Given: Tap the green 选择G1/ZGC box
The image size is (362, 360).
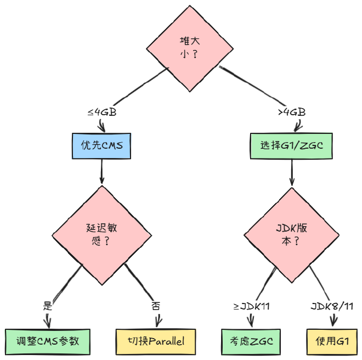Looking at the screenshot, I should (291, 145).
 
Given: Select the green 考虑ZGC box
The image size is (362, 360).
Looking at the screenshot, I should (247, 340).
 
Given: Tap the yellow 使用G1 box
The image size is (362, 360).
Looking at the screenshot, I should (332, 340).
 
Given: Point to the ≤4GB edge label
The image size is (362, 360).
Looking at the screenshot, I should (101, 112).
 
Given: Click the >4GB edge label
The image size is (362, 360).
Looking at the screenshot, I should (291, 112).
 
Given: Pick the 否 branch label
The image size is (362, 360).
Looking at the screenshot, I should (156, 306).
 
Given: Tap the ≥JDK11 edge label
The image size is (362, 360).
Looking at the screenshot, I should (251, 306).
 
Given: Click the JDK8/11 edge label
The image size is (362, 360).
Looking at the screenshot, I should (332, 306).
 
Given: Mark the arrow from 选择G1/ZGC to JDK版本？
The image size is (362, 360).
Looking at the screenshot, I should (291, 172).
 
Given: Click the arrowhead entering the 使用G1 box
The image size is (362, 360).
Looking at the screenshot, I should (332, 325).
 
